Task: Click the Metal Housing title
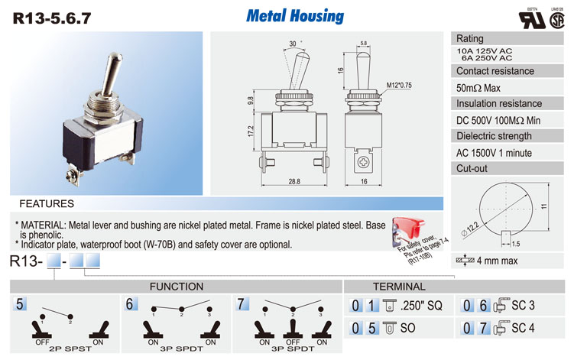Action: click(x=295, y=16)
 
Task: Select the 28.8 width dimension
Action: click(x=293, y=181)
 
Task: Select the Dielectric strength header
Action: click(x=495, y=136)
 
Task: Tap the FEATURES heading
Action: click(x=47, y=204)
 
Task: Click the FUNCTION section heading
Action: click(x=176, y=287)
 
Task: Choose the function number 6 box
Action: click(x=130, y=304)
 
